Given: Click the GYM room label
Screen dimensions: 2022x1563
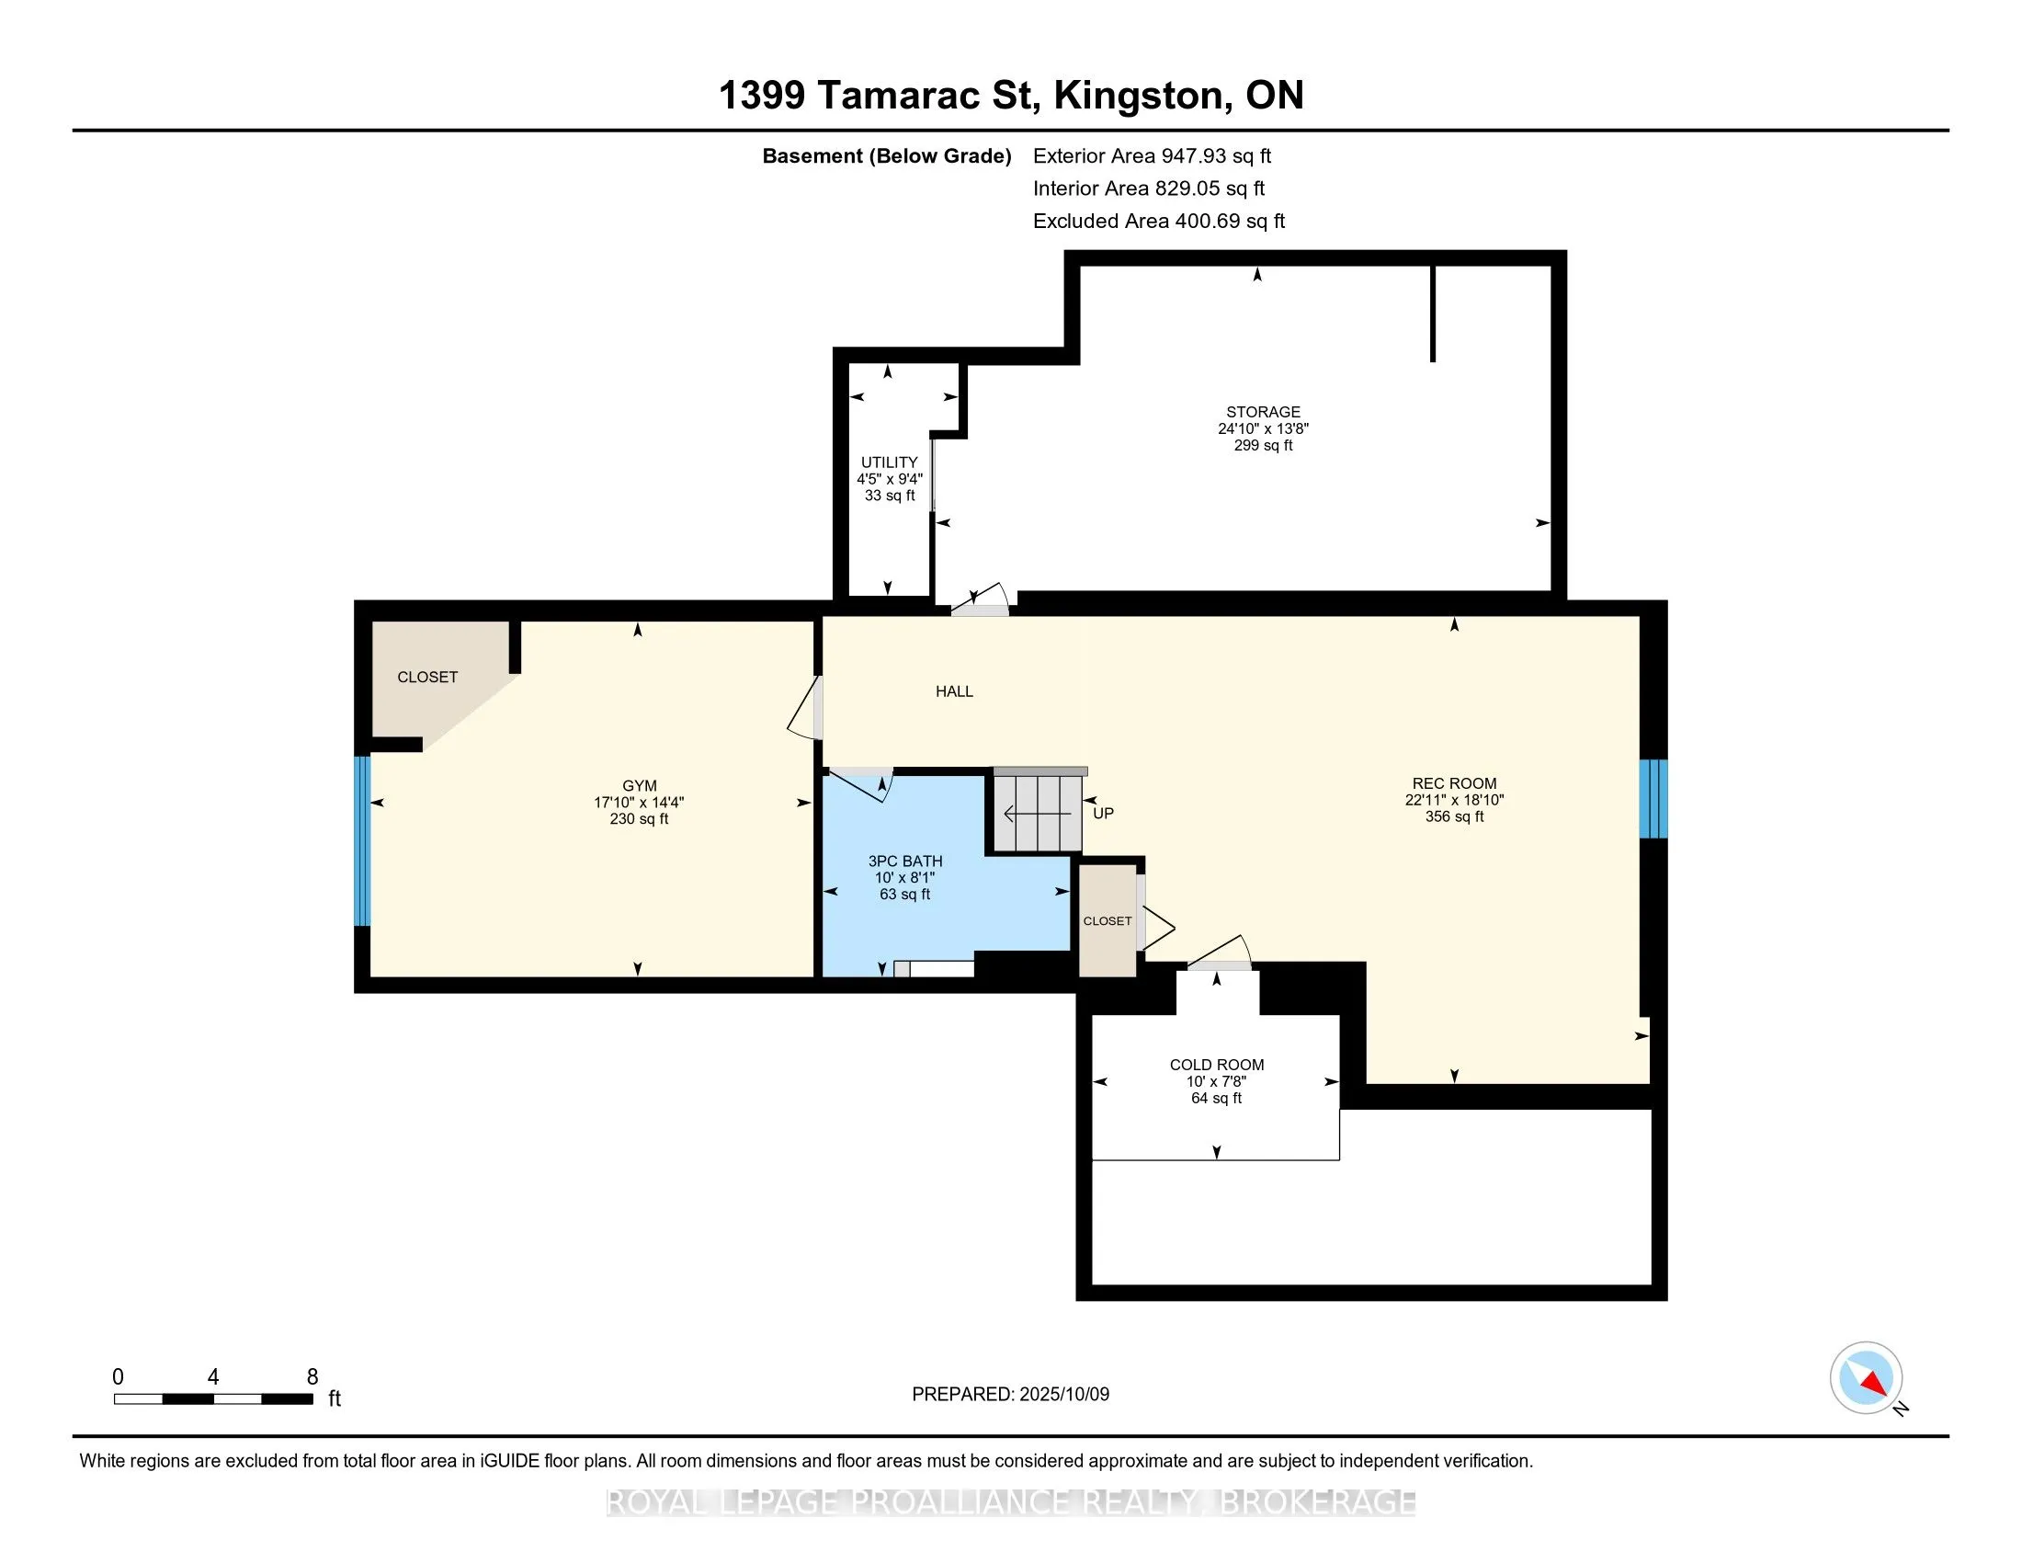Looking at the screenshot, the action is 639,786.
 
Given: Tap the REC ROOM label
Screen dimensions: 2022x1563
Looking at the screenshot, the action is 1454,783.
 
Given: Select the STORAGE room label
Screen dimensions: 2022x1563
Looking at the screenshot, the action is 1263,412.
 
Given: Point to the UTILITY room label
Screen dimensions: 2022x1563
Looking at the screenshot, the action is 889,462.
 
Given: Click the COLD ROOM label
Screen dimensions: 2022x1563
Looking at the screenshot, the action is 1217,1065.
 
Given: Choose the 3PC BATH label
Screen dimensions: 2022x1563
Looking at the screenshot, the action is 904,861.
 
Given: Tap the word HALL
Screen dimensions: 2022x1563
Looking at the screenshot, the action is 954,691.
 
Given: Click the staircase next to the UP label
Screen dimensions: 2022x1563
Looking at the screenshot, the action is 1038,811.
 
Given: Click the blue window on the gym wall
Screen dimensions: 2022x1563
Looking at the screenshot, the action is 362,840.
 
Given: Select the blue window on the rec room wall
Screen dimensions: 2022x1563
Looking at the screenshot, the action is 1653,799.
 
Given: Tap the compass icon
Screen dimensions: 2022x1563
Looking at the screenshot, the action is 1866,1377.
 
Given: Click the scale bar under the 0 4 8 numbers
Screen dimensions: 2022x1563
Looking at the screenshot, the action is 213,1399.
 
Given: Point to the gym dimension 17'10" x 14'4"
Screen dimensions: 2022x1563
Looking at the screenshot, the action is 639,803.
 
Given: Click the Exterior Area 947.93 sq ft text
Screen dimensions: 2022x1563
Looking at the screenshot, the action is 1152,156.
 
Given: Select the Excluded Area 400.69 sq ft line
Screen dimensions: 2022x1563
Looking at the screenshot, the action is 1158,222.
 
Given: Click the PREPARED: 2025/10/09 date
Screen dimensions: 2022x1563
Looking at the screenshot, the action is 1010,1395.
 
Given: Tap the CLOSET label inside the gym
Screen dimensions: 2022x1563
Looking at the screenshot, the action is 426,678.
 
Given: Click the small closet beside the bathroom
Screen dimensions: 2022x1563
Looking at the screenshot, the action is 1108,919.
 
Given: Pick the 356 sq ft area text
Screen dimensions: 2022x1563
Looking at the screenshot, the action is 1454,816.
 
